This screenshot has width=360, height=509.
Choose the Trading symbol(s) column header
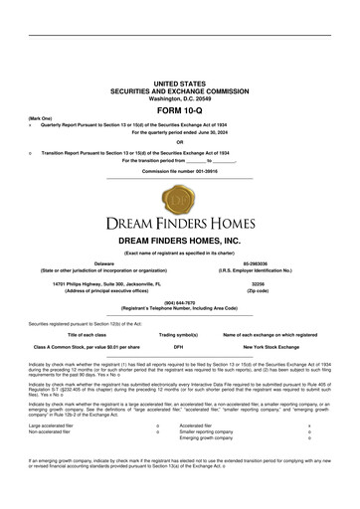tap(179, 334)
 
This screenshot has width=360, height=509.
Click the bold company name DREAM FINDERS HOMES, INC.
tap(179, 241)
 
